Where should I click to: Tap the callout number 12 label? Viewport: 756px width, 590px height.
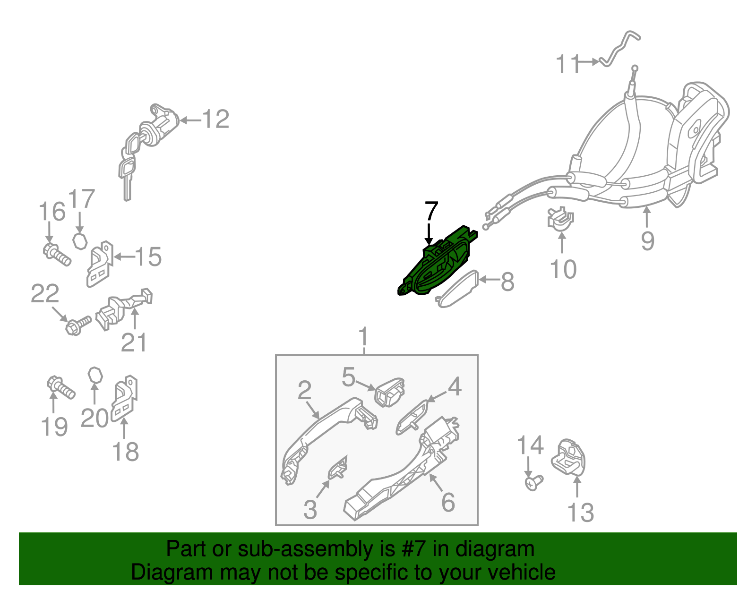pos(216,119)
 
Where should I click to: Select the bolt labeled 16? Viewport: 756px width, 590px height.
pos(57,255)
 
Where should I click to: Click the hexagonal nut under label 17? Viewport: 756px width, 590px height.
pos(80,241)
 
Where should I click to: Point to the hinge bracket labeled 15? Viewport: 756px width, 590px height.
pos(99,264)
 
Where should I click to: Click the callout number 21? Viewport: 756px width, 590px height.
pos(134,342)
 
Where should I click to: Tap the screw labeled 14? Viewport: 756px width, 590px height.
pos(533,483)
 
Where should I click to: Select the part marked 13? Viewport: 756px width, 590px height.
pos(568,458)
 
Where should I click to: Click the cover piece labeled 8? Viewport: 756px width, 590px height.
pos(456,289)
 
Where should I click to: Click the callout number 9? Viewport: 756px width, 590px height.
pos(647,240)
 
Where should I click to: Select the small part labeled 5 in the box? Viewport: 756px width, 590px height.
pos(390,392)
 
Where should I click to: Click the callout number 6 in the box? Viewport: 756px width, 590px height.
pos(448,502)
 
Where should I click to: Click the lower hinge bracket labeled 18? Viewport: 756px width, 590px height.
pos(124,398)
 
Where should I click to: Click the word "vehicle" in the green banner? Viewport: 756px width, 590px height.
pos(521,573)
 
